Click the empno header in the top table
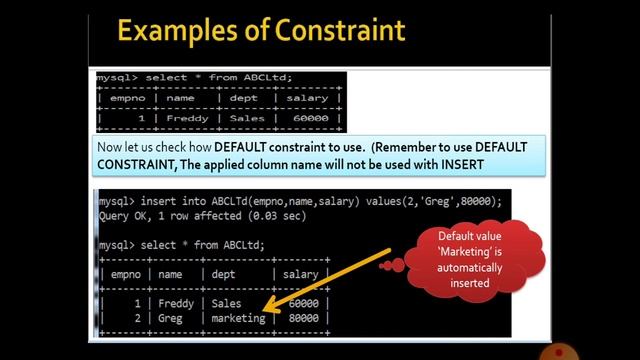click(x=124, y=98)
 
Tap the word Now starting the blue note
click(x=110, y=146)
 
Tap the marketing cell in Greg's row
click(x=239, y=318)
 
